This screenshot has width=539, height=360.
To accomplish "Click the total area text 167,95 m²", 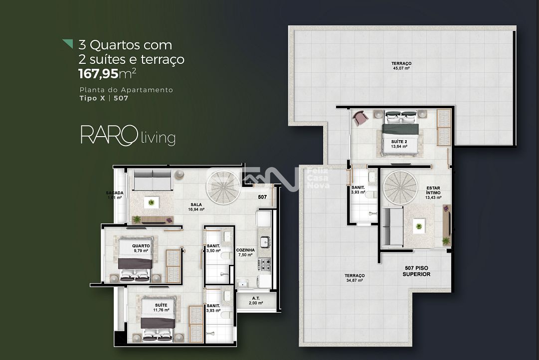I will coord(107,74).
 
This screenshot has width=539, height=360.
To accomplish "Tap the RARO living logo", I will coord(128,136).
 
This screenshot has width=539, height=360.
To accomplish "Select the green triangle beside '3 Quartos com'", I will coord(68,44).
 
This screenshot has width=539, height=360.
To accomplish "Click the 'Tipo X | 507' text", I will coord(104,98).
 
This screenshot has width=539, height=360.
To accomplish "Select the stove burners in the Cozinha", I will coord(264,263).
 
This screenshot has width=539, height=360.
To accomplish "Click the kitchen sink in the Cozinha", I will coord(266,242).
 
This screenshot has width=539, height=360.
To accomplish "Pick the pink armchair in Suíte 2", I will coord(360,118).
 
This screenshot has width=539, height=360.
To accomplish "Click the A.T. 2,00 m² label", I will coord(255,301).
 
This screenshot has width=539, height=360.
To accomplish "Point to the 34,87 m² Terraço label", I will coord(354,278).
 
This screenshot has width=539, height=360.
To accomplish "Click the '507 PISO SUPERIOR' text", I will coord(416,271).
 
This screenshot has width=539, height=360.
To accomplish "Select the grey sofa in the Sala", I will coord(153,180).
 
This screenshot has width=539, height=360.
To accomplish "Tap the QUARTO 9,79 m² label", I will coord(141,248).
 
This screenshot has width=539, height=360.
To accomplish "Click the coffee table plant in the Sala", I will coord(151,202).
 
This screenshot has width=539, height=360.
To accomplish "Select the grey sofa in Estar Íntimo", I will coord(392,227).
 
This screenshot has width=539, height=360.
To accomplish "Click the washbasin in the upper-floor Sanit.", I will coord(371,178).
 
